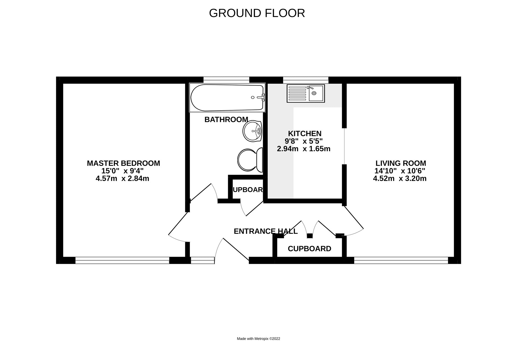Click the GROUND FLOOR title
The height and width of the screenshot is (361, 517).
click(257, 13)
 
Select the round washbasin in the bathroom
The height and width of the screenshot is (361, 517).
click(252, 131)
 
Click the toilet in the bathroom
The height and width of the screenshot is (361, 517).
click(250, 160)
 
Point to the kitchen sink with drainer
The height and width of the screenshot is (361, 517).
click(306, 93)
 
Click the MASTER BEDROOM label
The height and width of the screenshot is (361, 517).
click(123, 163)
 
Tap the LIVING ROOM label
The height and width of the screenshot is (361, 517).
click(401, 163)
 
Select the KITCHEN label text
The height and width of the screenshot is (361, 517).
click(305, 133)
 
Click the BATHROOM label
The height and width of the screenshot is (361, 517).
click(226, 119)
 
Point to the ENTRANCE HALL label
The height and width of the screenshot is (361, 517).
click(266, 231)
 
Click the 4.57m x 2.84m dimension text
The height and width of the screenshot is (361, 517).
click(122, 179)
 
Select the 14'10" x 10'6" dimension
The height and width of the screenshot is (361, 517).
click(400, 171)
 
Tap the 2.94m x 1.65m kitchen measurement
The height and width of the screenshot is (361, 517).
click(303, 149)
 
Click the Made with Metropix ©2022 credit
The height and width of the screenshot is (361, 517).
click(258, 339)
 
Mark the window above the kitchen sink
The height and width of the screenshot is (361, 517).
click(306, 80)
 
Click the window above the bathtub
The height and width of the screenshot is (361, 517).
click(226, 80)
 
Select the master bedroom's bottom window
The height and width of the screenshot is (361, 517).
click(122, 260)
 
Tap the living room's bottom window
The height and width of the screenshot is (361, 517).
click(401, 260)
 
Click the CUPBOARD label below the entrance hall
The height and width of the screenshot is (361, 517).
click(309, 249)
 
